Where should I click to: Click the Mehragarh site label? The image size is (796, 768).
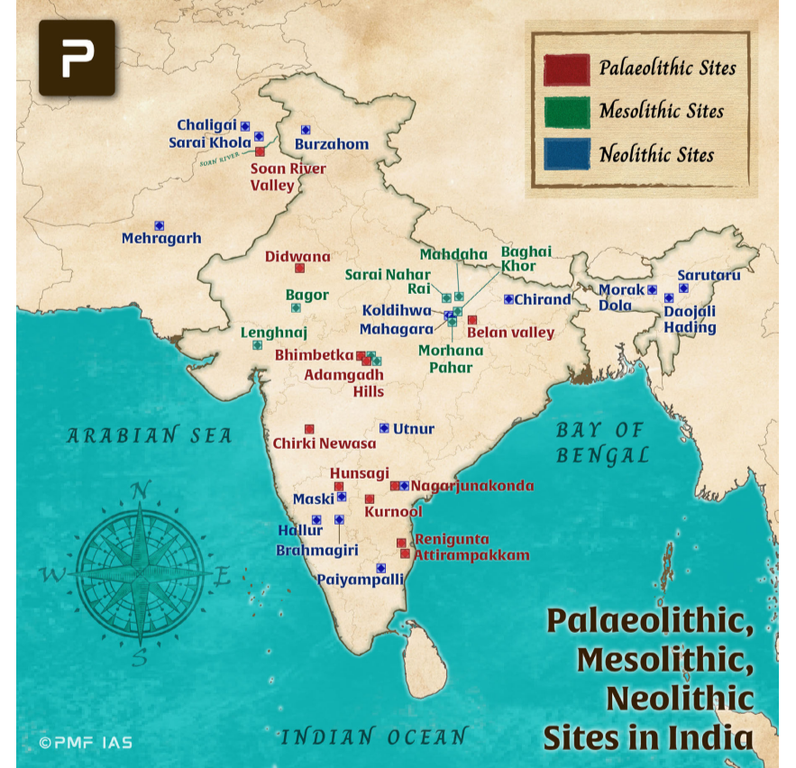[161, 239]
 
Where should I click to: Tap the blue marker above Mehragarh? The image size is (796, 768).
[159, 225]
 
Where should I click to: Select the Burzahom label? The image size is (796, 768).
[332, 144]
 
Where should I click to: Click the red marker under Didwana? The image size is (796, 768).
[299, 268]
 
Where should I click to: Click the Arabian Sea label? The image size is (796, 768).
[150, 436]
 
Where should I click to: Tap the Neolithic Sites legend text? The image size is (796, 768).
[656, 155]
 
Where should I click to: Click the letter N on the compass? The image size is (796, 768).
[140, 490]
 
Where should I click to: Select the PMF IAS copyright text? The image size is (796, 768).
[86, 743]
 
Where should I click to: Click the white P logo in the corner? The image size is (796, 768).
[77, 59]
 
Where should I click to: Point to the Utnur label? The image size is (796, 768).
[414, 429]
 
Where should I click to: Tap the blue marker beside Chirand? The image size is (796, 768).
[508, 299]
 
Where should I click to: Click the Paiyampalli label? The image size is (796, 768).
[360, 581]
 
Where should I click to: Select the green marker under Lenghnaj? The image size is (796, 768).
[257, 344]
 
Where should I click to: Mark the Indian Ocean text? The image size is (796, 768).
[374, 737]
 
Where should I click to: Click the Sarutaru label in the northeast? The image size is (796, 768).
[709, 275]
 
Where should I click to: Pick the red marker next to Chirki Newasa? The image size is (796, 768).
[309, 429]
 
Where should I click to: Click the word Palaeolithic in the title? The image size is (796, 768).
[649, 622]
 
